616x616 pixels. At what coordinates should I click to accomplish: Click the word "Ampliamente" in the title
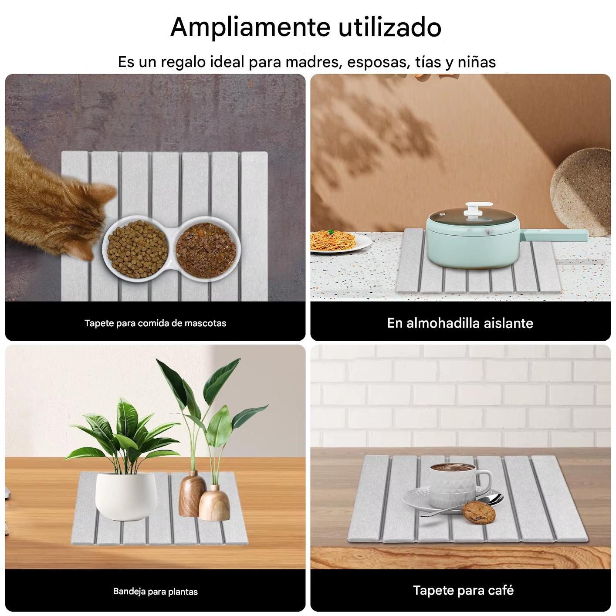click(251, 28)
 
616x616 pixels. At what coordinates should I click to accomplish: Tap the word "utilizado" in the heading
click(390, 27)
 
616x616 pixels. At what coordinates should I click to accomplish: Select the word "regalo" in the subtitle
click(183, 62)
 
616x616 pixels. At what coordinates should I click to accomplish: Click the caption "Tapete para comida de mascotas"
click(155, 323)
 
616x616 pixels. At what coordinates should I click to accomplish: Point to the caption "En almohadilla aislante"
click(460, 323)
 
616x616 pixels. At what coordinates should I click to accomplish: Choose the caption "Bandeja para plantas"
click(155, 592)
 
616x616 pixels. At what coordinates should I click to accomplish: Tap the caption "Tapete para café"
click(463, 590)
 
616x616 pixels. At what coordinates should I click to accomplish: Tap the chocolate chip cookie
click(478, 513)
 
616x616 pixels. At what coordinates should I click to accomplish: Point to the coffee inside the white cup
click(451, 468)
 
